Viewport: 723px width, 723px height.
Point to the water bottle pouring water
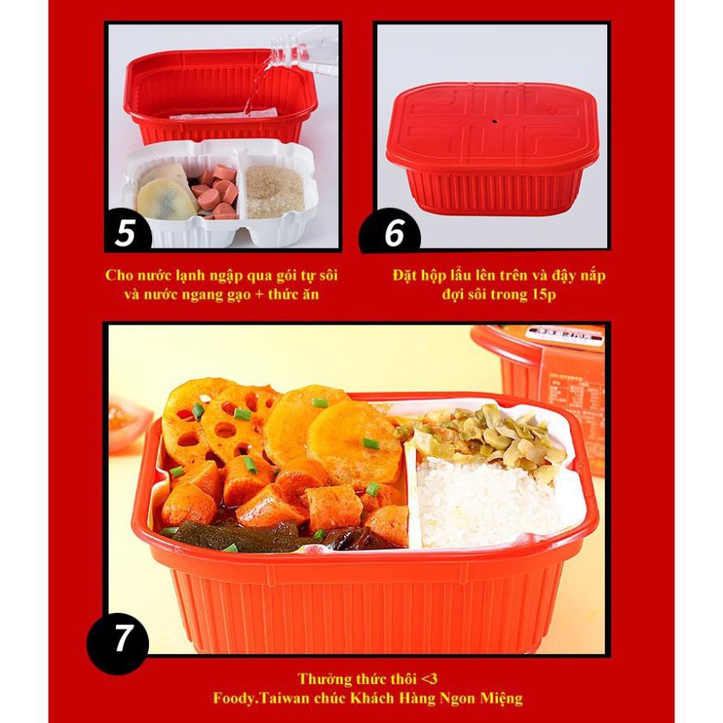(x=300, y=45)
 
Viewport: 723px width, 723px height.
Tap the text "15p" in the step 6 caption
(x=542, y=294)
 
